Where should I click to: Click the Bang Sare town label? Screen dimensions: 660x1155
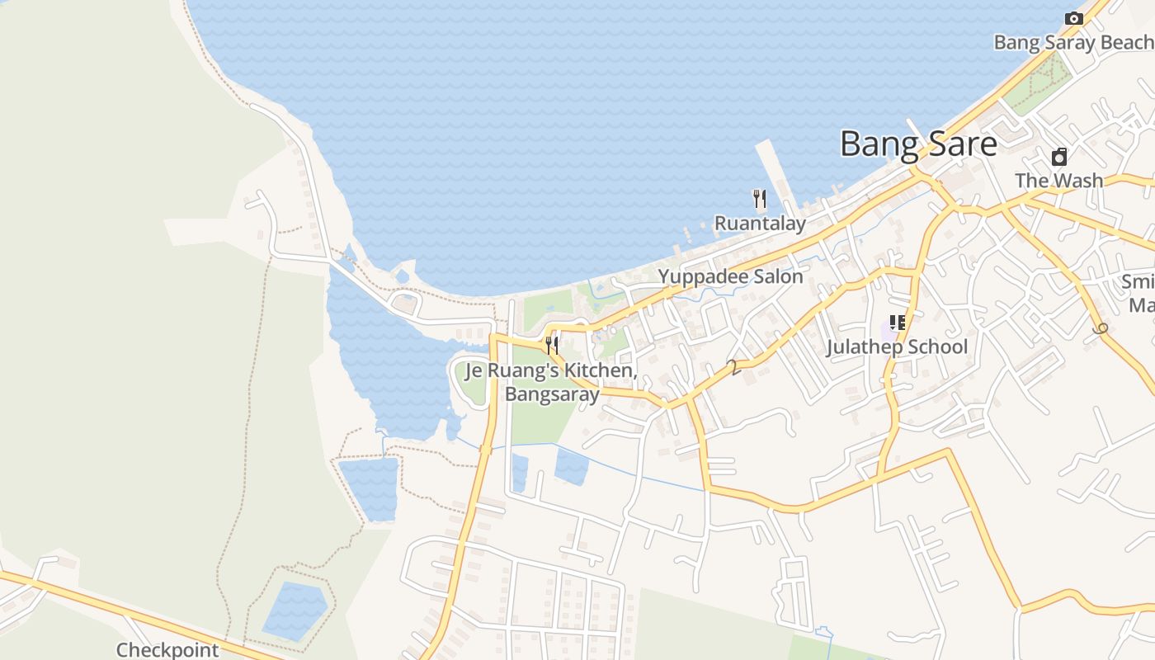pyautogui.click(x=918, y=144)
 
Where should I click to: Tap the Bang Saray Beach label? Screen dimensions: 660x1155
pyautogui.click(x=1073, y=43)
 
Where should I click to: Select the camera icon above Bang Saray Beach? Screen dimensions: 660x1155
pyautogui.click(x=1073, y=18)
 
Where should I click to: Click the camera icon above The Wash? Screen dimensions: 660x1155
pyautogui.click(x=1059, y=157)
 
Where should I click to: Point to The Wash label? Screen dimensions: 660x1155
pyautogui.click(x=1058, y=180)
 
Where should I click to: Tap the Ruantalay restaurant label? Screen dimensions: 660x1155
pyautogui.click(x=760, y=223)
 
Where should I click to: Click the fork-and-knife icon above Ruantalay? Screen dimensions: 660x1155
pyautogui.click(x=760, y=199)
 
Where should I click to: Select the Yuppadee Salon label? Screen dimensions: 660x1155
pyautogui.click(x=730, y=276)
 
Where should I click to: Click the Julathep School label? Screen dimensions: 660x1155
pyautogui.click(x=897, y=346)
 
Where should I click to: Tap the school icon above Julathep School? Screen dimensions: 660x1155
pyautogui.click(x=897, y=323)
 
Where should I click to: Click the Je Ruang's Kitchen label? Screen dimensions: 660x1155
pyautogui.click(x=551, y=371)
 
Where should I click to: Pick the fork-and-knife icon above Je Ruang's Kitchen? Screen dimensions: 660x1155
pyautogui.click(x=552, y=345)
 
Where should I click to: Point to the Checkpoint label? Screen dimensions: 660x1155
pyautogui.click(x=167, y=650)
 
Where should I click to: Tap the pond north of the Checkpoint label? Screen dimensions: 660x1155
pyautogui.click(x=295, y=610)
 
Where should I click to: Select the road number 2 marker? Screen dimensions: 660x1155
pyautogui.click(x=731, y=368)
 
